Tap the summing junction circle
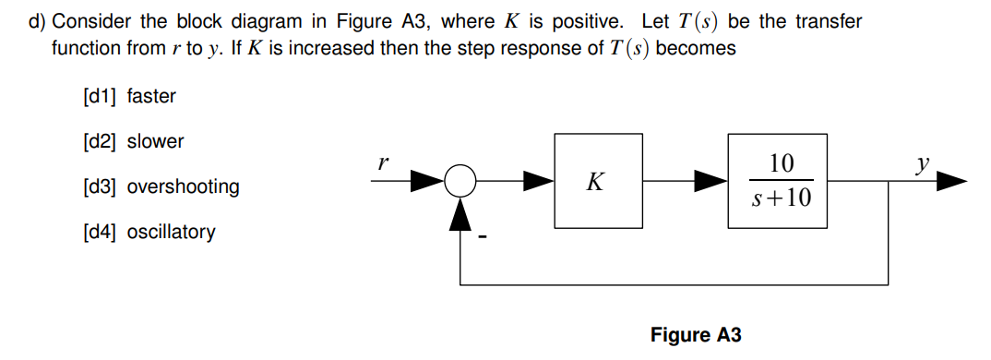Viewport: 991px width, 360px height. click(x=460, y=182)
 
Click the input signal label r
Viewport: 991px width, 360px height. click(x=380, y=161)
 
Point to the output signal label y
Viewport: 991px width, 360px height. click(x=921, y=164)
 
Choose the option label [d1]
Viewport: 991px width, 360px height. click(x=100, y=96)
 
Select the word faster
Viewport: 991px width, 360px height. click(x=150, y=96)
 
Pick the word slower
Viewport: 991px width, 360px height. click(x=155, y=141)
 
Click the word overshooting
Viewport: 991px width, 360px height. click(x=183, y=186)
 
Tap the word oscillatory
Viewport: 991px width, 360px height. click(x=171, y=232)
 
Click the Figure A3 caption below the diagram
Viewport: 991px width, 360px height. click(x=695, y=335)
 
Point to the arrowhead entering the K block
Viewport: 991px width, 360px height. click(x=539, y=182)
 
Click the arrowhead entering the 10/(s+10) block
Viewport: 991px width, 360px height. click(x=711, y=182)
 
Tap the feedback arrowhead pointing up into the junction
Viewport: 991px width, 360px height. click(x=460, y=212)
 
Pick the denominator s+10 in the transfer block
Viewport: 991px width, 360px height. click(x=780, y=198)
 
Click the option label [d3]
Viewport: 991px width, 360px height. click(x=100, y=186)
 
